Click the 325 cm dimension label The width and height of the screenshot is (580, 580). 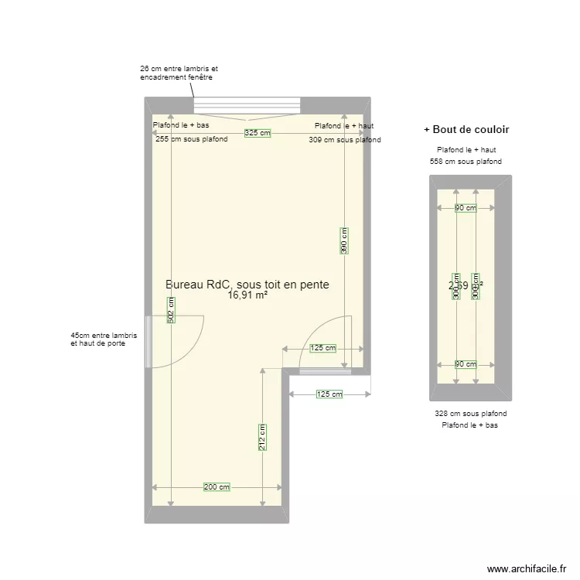click(258, 133)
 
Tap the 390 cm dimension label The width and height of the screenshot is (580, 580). click(344, 240)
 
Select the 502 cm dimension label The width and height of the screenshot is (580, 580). click(171, 310)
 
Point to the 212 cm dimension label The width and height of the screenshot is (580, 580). click(262, 437)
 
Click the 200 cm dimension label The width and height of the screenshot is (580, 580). click(217, 487)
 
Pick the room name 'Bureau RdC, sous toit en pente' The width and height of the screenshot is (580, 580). click(247, 285)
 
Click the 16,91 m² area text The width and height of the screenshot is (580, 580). click(247, 295)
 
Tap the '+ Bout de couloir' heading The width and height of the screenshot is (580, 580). click(466, 129)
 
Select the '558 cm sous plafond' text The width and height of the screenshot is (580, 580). click(466, 162)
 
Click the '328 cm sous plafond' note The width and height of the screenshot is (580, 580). click(471, 414)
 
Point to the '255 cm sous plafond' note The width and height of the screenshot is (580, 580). click(192, 140)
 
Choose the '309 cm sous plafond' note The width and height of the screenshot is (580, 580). click(344, 140)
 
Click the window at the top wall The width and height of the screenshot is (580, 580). click(247, 105)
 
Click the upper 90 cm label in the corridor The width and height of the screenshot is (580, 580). click(466, 207)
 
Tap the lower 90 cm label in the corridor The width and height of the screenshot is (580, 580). click(466, 364)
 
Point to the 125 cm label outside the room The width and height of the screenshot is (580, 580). click(329, 394)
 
